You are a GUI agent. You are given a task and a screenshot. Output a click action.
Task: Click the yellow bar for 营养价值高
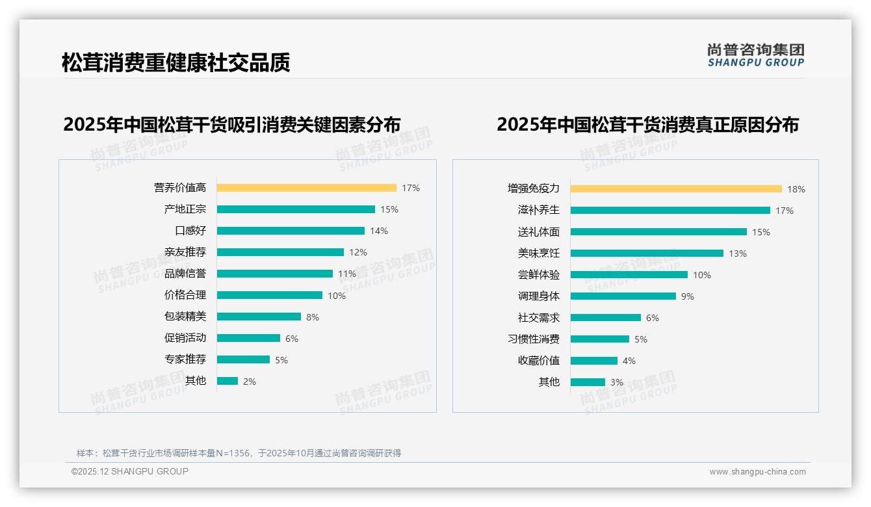pos(306,188)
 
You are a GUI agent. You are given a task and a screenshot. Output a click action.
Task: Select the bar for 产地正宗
pos(296,209)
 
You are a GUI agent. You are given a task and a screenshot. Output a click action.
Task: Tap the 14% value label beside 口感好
pos(379,231)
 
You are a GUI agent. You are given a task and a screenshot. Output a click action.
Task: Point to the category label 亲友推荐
pos(185,252)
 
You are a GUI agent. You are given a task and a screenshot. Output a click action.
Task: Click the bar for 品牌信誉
pos(274,274)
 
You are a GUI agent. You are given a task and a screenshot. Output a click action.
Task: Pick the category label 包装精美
pos(185,317)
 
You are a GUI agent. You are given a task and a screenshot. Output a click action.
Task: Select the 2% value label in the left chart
pos(250,382)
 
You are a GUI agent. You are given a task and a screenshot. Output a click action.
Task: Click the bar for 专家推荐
pos(243,359)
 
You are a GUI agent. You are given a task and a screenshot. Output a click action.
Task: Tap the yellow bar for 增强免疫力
pos(676,189)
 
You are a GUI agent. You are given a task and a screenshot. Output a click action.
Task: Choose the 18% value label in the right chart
pos(796,189)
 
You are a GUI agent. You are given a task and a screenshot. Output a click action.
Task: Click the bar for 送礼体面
pos(658,232)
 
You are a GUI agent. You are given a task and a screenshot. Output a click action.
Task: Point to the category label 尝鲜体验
pos(538,275)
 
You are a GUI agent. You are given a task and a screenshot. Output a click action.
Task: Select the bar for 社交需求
pos(606,318)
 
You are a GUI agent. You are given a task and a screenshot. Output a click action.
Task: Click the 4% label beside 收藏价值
pos(629,361)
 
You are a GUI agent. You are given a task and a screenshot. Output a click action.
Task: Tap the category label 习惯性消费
pos(533,339)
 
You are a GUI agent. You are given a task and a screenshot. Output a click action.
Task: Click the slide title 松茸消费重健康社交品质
pos(175,62)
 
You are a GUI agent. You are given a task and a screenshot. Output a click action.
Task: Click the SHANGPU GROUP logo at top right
pos(755,55)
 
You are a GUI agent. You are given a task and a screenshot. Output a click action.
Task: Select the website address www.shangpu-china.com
pos(757,472)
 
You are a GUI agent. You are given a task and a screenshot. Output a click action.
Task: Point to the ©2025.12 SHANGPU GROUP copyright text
pos(130,471)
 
